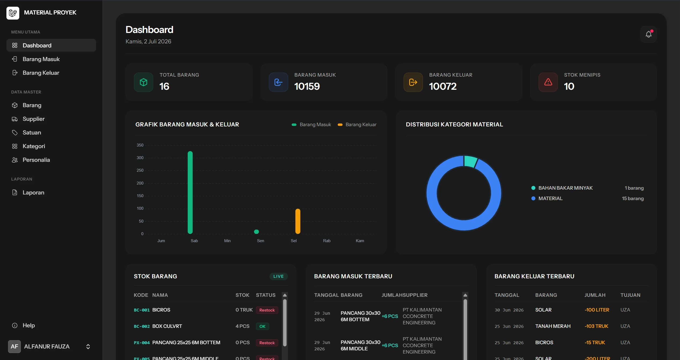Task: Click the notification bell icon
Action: [648, 34]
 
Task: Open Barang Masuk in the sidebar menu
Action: [41, 59]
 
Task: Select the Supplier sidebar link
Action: [33, 119]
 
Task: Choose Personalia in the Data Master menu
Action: [36, 160]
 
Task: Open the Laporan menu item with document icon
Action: [33, 192]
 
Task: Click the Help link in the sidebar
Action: [29, 325]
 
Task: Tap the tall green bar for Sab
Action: [190, 192]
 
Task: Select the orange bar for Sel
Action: [298, 221]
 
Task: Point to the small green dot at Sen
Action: [256, 232]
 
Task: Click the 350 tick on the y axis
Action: [140, 145]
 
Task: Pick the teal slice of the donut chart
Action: [471, 161]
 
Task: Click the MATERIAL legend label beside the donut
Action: [550, 198]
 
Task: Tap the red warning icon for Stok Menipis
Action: [548, 82]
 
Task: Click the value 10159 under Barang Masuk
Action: [307, 86]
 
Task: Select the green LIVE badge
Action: [278, 276]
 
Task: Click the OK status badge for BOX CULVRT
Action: [262, 326]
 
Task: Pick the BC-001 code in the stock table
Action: [142, 310]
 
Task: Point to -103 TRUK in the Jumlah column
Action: [596, 326]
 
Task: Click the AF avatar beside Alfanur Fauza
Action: [14, 346]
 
